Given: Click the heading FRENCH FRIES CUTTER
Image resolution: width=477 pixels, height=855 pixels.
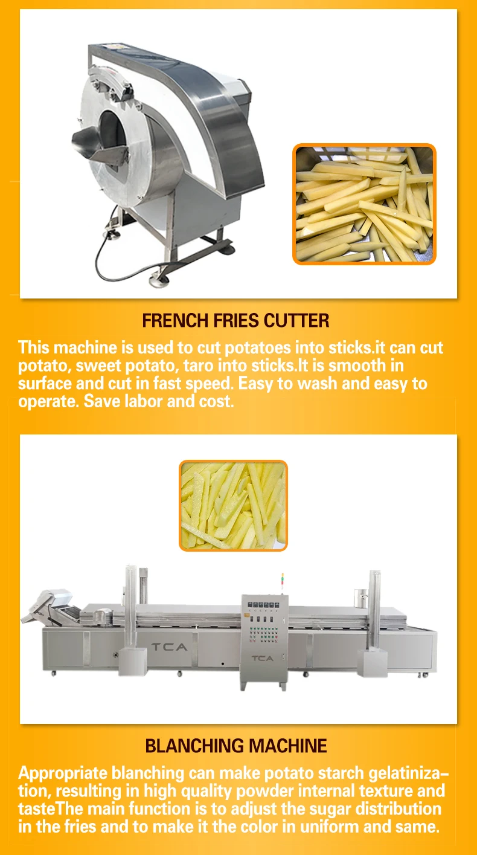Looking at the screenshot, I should click(235, 320).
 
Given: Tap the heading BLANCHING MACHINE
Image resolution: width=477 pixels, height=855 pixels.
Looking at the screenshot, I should click(236, 746).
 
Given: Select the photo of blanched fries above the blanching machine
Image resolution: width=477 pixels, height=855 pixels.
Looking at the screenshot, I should click(233, 505).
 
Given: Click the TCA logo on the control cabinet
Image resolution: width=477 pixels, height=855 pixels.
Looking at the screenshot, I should click(262, 658).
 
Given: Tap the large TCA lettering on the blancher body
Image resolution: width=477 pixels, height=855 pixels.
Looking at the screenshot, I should click(169, 647).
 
